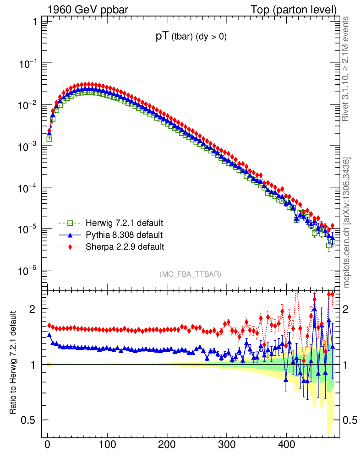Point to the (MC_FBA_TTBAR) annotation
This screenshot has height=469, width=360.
tap(191, 274)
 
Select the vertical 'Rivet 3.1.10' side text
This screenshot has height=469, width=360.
tap(346, 69)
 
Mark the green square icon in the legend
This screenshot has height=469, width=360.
tap(71, 224)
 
